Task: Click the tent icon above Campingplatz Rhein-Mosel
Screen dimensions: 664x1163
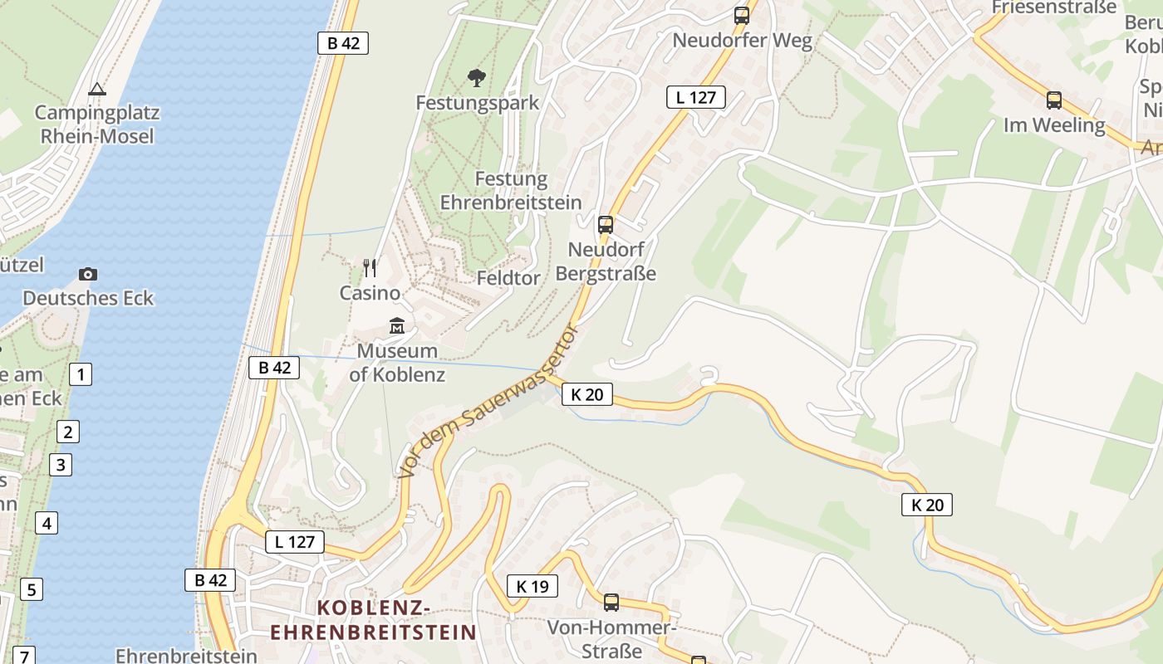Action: pyautogui.click(x=97, y=89)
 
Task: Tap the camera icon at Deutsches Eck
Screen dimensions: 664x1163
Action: pyautogui.click(x=88, y=274)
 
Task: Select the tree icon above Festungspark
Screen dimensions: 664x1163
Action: pyautogui.click(x=477, y=78)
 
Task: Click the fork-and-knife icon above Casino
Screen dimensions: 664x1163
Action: pyautogui.click(x=370, y=267)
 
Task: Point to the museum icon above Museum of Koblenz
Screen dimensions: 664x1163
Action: pyautogui.click(x=397, y=326)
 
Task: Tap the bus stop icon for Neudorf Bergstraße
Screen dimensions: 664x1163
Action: pyautogui.click(x=606, y=224)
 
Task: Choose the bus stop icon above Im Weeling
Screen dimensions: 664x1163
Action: pyautogui.click(x=1054, y=100)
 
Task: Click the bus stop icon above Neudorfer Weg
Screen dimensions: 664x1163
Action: pyautogui.click(x=742, y=15)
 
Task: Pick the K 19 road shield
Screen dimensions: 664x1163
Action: pyautogui.click(x=532, y=586)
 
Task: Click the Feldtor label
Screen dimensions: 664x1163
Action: pyautogui.click(x=508, y=278)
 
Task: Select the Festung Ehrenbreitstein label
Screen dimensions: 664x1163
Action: pyautogui.click(x=511, y=191)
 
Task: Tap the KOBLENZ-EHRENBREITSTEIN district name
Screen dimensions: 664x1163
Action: pyautogui.click(x=374, y=621)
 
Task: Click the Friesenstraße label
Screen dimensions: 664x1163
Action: pyautogui.click(x=1054, y=7)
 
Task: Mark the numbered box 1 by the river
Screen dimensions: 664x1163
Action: pyautogui.click(x=81, y=374)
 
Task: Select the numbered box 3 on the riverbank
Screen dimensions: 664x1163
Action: pyautogui.click(x=60, y=464)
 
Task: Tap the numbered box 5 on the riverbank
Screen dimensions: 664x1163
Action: pyautogui.click(x=31, y=589)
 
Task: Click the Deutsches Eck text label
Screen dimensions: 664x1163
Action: pyautogui.click(x=88, y=298)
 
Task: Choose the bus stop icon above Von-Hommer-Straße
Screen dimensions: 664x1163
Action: pyautogui.click(x=611, y=602)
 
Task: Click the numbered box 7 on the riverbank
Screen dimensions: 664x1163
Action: pyautogui.click(x=25, y=656)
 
